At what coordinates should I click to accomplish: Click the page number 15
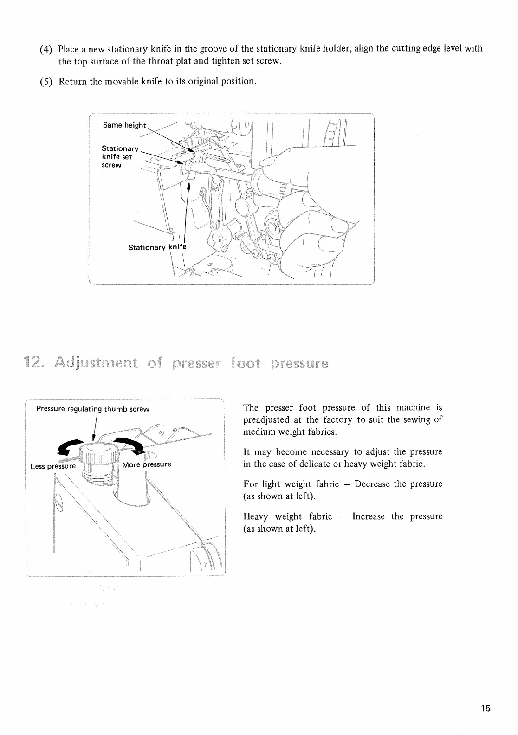[486, 708]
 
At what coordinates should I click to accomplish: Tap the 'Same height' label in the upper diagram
[124, 125]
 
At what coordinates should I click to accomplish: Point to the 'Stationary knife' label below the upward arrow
[157, 247]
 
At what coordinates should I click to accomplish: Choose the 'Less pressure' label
[52, 466]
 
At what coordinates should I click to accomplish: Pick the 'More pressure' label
[147, 464]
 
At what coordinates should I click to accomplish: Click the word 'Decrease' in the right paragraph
[373, 484]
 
